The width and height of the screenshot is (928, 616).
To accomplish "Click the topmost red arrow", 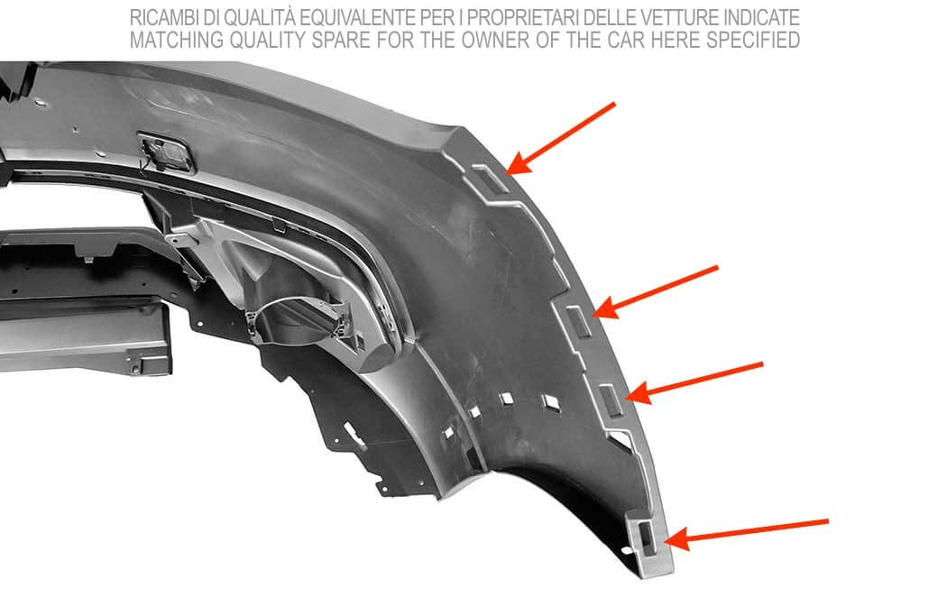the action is point(560,139).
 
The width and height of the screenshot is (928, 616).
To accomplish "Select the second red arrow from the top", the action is point(655,292).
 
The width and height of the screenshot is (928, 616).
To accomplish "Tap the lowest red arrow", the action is point(747,534).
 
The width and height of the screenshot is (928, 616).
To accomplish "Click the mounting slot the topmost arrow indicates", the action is point(492,179).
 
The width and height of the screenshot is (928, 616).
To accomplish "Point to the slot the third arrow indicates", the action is point(612,400).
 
